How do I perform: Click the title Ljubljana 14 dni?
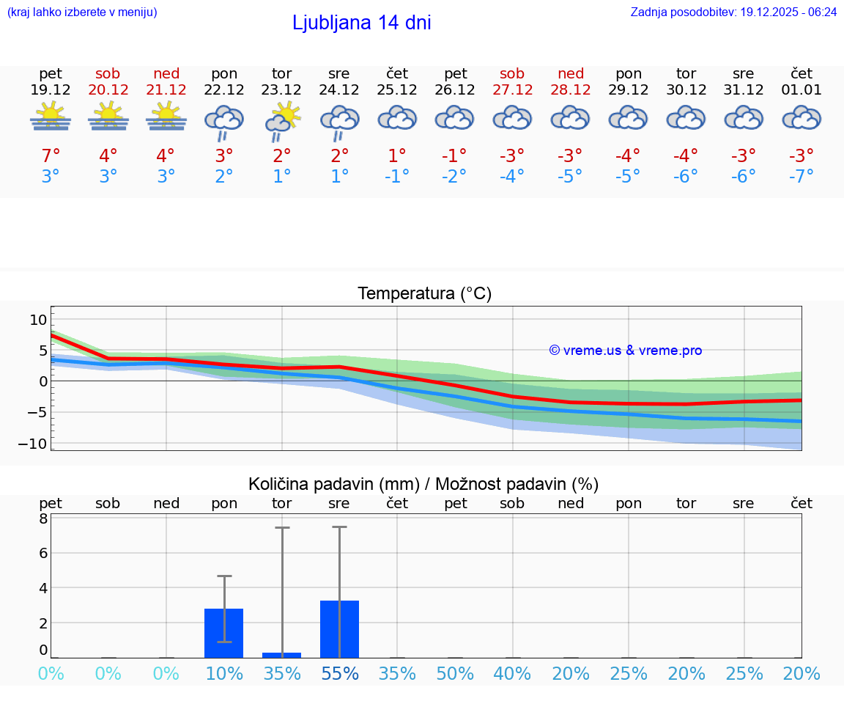pos(361,23)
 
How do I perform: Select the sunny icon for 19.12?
pos(51,117)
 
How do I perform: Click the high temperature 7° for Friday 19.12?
pos(51,155)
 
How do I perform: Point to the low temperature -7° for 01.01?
pos(801,176)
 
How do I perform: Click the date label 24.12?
pos(338,90)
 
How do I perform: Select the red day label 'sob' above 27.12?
pos(512,73)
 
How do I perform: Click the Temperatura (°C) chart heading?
pos(424,294)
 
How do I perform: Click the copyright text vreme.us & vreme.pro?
pos(625,351)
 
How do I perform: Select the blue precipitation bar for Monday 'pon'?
pos(223,633)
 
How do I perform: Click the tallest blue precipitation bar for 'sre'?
pos(339,628)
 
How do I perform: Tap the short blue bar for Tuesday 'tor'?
pos(282,655)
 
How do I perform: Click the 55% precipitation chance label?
pos(340,673)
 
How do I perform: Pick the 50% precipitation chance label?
pos(455,673)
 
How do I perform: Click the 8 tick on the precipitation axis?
pos(43,518)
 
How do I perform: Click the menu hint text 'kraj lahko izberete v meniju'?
pos(82,12)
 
